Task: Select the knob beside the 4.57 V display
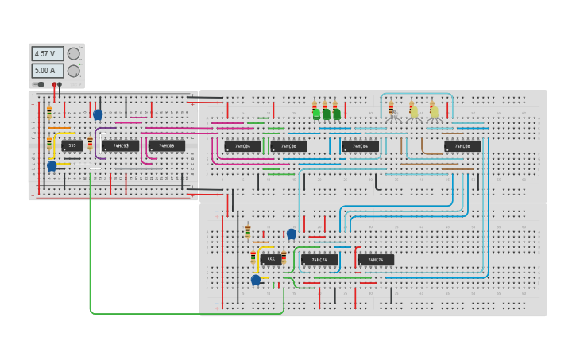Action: click(x=73, y=54)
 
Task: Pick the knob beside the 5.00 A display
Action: click(x=73, y=71)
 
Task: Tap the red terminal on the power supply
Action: click(x=54, y=84)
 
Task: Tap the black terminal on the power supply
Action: click(x=60, y=84)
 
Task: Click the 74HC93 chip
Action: click(x=120, y=146)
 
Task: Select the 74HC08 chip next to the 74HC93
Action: click(x=166, y=146)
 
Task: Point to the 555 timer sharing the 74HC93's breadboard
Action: click(x=72, y=145)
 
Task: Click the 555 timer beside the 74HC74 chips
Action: click(x=270, y=260)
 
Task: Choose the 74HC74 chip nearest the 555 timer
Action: click(x=319, y=260)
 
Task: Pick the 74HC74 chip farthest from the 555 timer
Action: click(x=376, y=260)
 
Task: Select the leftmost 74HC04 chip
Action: click(x=242, y=146)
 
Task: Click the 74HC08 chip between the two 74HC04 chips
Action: click(x=288, y=146)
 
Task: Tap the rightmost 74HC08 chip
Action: click(x=462, y=146)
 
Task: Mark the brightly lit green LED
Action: click(x=316, y=114)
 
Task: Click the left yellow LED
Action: click(x=414, y=111)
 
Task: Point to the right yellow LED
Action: click(x=434, y=111)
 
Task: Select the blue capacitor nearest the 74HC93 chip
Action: click(x=98, y=114)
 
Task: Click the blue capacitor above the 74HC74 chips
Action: click(x=292, y=234)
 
